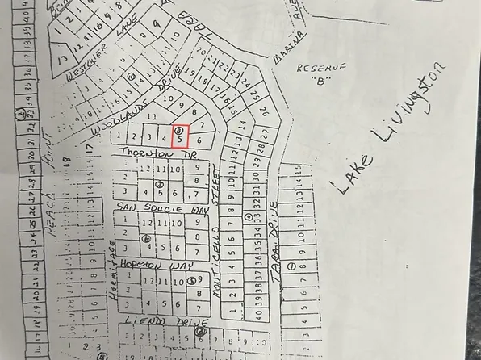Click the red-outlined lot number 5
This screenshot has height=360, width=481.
179,139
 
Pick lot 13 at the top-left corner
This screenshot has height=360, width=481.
63,59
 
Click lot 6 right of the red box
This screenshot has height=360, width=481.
199,140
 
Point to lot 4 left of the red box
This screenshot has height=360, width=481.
165,138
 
